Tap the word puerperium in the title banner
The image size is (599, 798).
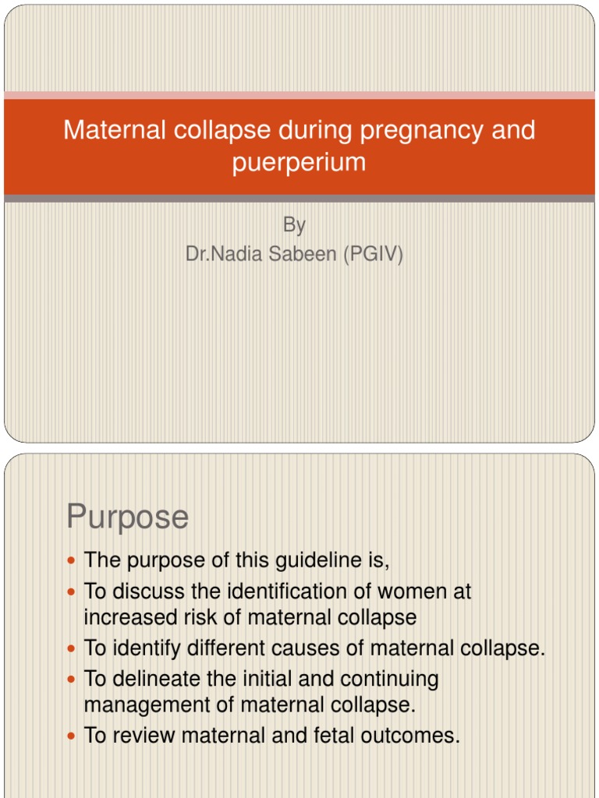[x=299, y=162]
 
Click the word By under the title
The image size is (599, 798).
[x=294, y=225]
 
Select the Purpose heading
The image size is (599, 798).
[x=127, y=517]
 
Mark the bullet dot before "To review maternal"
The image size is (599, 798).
[x=73, y=735]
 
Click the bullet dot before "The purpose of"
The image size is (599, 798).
[x=73, y=560]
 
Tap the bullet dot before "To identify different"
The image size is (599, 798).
[x=73, y=648]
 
